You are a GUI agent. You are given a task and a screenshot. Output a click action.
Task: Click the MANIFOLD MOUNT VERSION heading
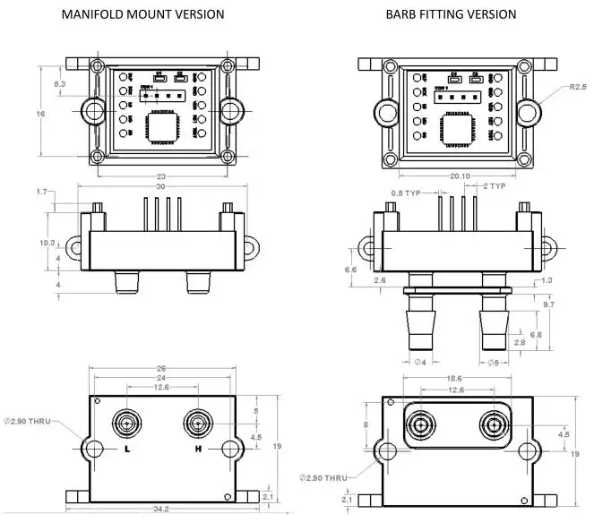(142, 14)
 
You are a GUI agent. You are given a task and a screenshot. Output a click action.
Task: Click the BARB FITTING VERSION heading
(451, 14)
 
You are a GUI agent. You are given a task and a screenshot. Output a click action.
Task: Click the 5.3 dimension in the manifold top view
(60, 83)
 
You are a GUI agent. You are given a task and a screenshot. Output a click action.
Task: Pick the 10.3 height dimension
(47, 243)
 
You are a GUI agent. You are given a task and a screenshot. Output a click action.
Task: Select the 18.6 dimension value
(456, 380)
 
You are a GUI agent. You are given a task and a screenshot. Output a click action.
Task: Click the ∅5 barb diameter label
(491, 363)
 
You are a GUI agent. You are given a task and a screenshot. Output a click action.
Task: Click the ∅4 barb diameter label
(418, 363)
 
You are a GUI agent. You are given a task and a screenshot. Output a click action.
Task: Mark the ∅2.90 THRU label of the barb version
(323, 478)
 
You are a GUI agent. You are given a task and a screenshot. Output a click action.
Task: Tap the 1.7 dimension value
(42, 193)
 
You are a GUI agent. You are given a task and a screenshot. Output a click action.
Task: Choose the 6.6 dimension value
(350, 269)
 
